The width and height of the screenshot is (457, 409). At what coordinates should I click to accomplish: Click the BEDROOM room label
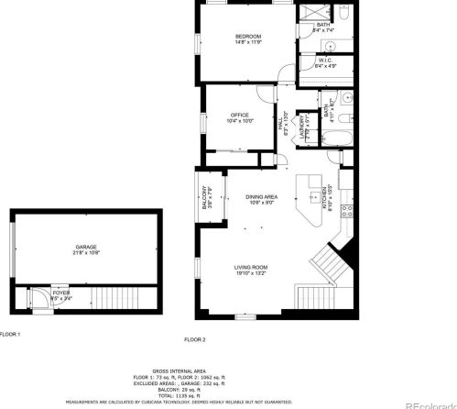[242, 37]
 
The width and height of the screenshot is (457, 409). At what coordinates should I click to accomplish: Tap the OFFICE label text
[241, 115]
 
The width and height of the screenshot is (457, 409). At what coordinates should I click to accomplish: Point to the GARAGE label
[86, 248]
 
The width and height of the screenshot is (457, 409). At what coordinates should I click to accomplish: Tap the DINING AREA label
[261, 197]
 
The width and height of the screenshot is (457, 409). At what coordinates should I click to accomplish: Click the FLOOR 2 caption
[194, 339]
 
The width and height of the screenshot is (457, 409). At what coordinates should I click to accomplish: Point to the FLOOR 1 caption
[9, 334]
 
